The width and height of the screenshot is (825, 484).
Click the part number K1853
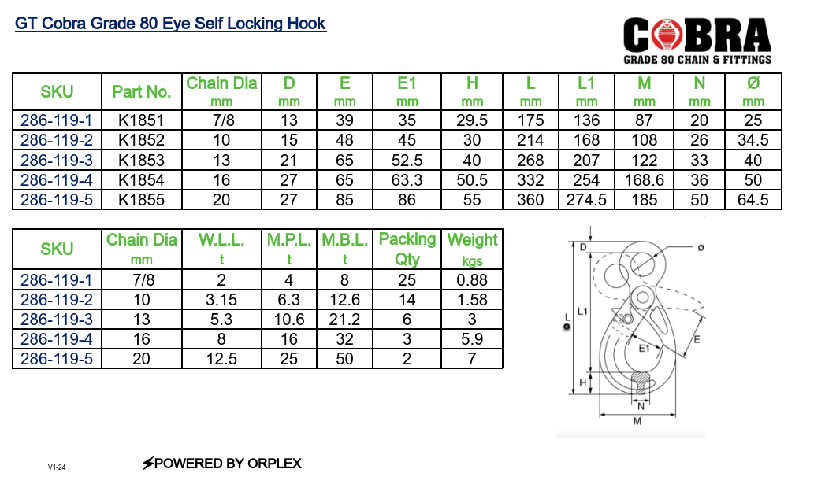click(x=142, y=160)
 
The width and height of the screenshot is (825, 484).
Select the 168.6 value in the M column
click(x=645, y=180)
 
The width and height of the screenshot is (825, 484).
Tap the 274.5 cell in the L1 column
click(x=586, y=200)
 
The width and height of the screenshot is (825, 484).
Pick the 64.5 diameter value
click(x=753, y=200)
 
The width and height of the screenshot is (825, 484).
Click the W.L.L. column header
click(x=221, y=239)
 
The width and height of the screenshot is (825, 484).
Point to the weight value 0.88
click(x=472, y=279)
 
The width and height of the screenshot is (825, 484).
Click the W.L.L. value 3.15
click(x=221, y=299)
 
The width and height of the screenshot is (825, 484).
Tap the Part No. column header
click(x=142, y=92)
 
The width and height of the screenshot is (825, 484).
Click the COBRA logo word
click(x=697, y=35)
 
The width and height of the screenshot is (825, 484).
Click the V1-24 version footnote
click(x=57, y=467)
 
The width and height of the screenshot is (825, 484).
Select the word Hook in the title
click(x=307, y=23)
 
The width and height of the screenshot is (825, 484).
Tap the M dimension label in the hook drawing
click(x=637, y=421)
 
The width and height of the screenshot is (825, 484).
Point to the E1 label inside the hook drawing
click(x=643, y=348)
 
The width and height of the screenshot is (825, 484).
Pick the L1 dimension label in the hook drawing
click(x=582, y=312)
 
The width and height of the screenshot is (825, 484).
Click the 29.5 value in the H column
click(x=472, y=120)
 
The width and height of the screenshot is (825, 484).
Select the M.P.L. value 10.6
click(x=289, y=319)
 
